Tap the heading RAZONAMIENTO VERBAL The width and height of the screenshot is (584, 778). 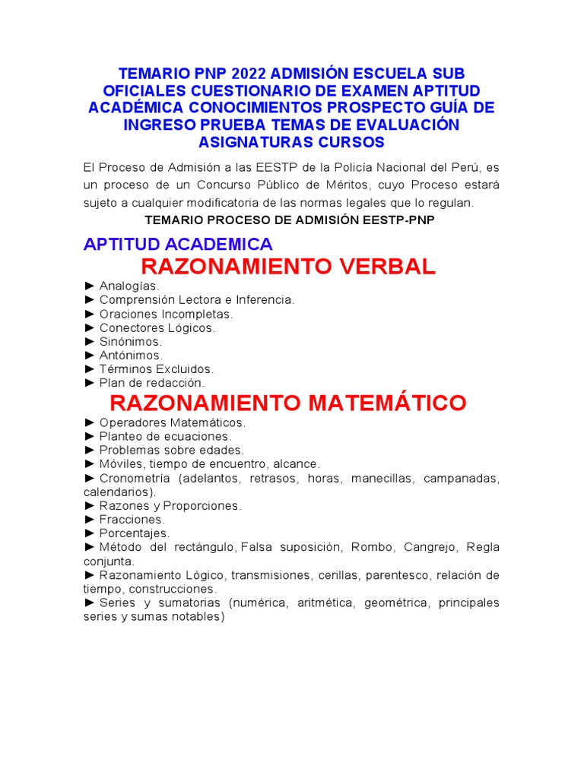coord(288,267)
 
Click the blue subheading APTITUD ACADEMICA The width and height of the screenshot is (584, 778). coord(178,244)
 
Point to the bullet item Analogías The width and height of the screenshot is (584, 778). coord(129,286)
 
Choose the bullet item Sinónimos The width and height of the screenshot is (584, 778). coord(130,342)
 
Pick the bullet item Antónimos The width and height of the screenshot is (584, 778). coord(130,356)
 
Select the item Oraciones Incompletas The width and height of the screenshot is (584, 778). coord(166,314)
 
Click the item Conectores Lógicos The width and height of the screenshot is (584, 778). coord(157,328)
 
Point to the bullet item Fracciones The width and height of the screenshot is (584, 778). coord(132,520)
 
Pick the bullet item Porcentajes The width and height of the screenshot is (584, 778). coord(135,533)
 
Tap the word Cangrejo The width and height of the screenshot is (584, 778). coord(428,547)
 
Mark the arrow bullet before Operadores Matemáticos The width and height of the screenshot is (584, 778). coord(90,422)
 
